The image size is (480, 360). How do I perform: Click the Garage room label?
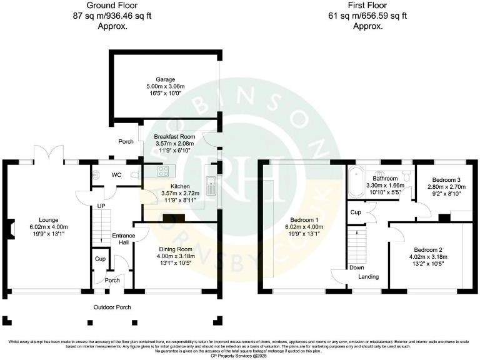click(166, 79)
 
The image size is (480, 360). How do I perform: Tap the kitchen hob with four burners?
click(166, 171)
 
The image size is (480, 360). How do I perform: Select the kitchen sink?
click(213, 183)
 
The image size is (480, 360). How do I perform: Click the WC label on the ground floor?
click(117, 175)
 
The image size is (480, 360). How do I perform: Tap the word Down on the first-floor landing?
click(357, 267)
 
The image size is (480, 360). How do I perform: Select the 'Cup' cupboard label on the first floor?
click(356, 212)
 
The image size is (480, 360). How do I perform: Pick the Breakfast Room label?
click(175, 136)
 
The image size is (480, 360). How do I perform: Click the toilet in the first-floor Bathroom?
click(407, 177)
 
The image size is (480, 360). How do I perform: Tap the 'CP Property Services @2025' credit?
click(240, 353)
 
